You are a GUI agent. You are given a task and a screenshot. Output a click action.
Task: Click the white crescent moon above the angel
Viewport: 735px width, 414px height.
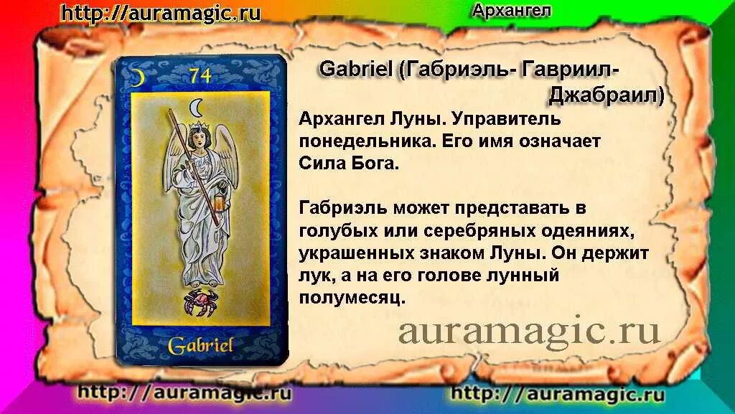tap(195, 108)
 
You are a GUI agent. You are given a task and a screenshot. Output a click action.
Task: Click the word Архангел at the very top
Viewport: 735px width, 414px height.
tap(512, 10)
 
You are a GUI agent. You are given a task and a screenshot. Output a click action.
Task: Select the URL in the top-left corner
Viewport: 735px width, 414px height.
tap(161, 13)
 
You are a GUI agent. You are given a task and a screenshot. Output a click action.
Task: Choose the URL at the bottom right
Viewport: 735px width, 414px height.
tap(558, 394)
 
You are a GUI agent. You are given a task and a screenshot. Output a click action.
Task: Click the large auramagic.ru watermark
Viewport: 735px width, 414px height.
tap(529, 331)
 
